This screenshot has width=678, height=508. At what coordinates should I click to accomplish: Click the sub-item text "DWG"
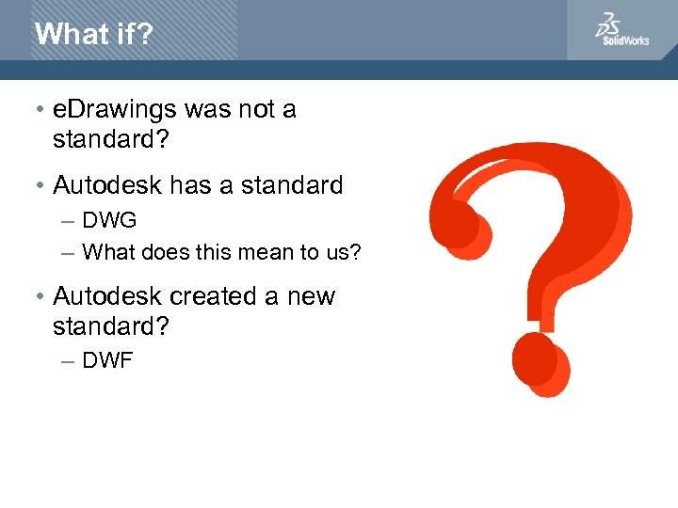coord(109,221)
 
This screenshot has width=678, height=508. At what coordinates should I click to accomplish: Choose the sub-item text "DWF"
coord(107,359)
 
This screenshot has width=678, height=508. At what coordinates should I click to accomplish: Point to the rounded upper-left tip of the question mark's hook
coord(459,226)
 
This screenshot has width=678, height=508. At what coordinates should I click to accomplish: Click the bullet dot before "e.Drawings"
coord(41,111)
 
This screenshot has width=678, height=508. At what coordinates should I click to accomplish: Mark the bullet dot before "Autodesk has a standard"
coord(41,186)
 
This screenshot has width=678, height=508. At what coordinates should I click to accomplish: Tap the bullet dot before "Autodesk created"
coord(41,297)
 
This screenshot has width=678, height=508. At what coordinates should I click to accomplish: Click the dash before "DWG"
coord(67,222)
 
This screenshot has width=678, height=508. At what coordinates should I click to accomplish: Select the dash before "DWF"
coord(67,360)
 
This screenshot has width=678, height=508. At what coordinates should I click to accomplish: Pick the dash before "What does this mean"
coord(67,253)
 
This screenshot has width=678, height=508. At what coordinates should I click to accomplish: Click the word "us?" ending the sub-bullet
coord(343,252)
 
